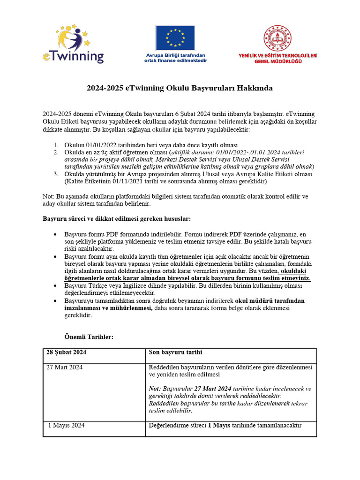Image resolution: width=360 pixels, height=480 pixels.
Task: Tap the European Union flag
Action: tap(175, 38)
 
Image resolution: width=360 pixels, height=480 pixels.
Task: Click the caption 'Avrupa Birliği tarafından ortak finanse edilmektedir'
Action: tap(175, 58)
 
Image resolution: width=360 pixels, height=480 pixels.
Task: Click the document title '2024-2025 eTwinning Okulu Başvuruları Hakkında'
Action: tap(180, 88)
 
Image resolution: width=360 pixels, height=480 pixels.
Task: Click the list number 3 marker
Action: tap(55, 174)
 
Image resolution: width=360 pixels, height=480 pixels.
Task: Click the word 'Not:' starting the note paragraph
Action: tap(48, 197)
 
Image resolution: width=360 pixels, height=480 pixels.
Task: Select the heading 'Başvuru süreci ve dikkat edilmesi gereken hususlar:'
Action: tap(117, 219)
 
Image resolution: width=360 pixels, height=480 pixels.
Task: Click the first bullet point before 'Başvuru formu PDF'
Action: tap(56, 234)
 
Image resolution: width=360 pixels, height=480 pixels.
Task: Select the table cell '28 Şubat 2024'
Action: tap(66, 352)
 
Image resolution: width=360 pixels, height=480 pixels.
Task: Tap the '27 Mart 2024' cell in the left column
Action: tap(65, 367)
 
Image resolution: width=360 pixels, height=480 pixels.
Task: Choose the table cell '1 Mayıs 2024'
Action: tap(67, 426)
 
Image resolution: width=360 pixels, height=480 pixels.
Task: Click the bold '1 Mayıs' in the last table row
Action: tap(218, 426)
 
